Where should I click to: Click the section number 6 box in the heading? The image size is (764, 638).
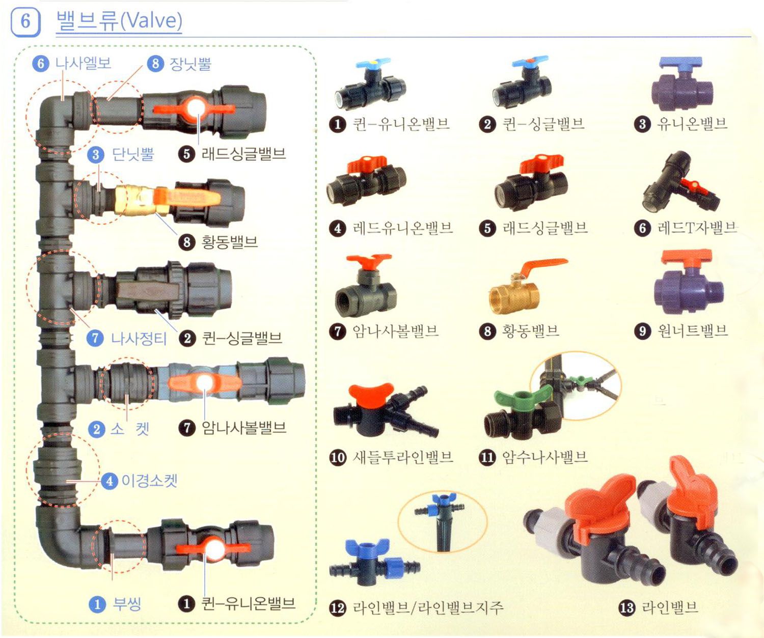pos(25,21)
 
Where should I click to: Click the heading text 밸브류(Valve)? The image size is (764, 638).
pos(119,21)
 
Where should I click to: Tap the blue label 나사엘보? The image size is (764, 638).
pos(83,63)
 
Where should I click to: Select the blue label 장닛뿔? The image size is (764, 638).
pos(190,63)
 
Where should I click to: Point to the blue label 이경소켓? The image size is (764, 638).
pos(149,481)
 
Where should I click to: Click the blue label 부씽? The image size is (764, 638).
pos(127,603)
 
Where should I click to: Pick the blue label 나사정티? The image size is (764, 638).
pos(139,338)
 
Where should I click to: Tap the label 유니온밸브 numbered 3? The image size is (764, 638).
pos(692,124)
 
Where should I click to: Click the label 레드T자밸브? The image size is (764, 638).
pos(697,228)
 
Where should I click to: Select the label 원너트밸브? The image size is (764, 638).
pos(692,330)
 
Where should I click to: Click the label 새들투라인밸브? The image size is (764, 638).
pos(403,457)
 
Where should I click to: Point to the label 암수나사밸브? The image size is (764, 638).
pos(545,457)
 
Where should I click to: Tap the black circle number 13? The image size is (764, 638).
pos(627,607)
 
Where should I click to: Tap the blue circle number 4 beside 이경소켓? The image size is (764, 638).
pos(110,481)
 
